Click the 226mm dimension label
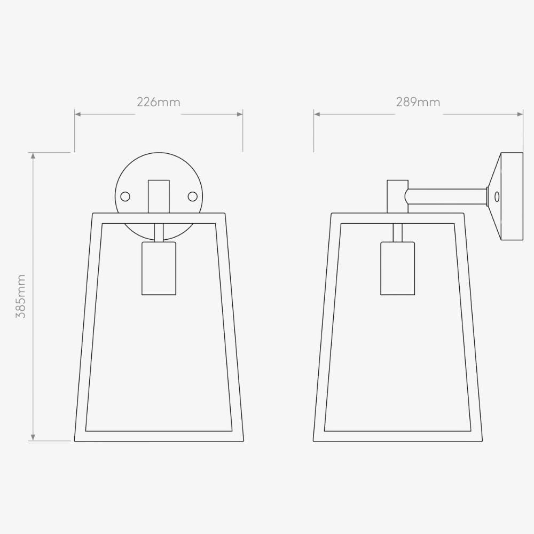[x=159, y=102]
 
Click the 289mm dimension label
[x=418, y=102]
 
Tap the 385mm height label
[x=21, y=296]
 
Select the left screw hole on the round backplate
[x=125, y=197]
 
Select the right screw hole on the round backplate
[x=192, y=197]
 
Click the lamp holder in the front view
[x=159, y=268]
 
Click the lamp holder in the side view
[x=397, y=268]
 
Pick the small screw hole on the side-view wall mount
[x=497, y=197]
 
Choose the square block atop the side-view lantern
[x=397, y=196]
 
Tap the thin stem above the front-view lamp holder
[x=159, y=232]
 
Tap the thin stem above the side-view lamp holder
[x=397, y=232]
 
